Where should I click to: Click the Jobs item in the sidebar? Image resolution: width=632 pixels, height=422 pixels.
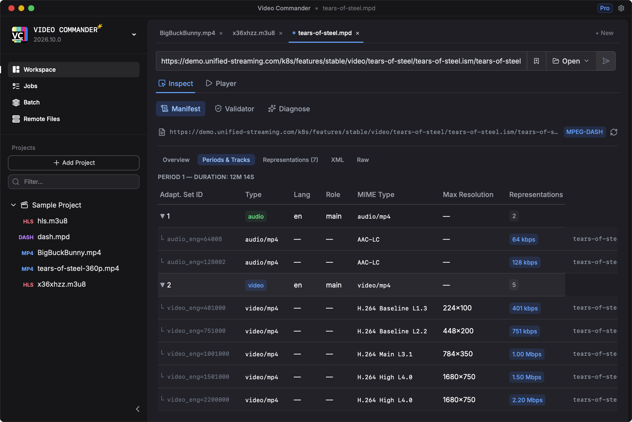pos(30,86)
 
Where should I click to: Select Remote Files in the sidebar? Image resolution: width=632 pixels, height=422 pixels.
pos(42,119)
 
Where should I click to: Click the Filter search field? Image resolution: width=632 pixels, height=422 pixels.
pos(74,182)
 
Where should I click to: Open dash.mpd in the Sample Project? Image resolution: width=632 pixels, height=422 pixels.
pos(53,237)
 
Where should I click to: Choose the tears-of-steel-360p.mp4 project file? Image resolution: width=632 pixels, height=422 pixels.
pos(78,268)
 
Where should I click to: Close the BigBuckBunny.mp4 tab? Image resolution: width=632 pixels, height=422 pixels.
pos(221,33)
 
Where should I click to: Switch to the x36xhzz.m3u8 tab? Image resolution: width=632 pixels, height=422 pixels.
pos(253,33)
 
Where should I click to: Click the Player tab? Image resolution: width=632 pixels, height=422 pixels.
pos(221,83)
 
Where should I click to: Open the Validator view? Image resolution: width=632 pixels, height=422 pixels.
pos(234,109)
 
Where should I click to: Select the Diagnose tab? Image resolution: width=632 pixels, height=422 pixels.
pos(289,109)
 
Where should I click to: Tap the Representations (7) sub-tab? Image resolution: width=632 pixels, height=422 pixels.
pos(290,160)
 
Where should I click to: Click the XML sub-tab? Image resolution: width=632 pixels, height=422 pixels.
pos(337,160)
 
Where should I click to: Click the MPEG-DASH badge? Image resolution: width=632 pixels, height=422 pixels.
pos(584,132)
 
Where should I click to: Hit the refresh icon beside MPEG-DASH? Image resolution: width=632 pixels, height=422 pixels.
pos(614,132)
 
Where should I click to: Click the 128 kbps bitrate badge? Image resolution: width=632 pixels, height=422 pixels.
pos(525,262)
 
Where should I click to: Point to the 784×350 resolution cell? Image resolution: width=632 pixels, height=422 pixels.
pos(458,354)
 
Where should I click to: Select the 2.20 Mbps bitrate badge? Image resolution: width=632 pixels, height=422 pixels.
pos(527,400)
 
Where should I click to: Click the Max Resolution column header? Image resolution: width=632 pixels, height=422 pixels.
pos(468,195)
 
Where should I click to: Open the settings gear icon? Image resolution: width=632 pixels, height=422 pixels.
pos(621,8)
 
